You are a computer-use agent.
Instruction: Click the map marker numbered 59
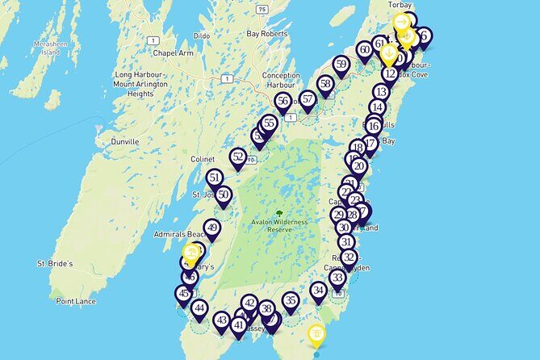click(341, 65)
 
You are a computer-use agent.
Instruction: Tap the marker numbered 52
click(237, 157)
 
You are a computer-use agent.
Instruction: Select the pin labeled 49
click(212, 228)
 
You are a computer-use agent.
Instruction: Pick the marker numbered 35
click(291, 301)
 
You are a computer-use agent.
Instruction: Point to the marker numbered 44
click(199, 308)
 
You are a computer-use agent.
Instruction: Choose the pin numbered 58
click(325, 83)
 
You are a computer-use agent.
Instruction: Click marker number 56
click(283, 101)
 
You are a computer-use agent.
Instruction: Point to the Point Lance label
click(76, 301)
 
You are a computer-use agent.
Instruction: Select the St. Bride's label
click(55, 264)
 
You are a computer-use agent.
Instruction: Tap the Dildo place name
click(201, 37)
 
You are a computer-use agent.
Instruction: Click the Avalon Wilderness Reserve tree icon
click(279, 216)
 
